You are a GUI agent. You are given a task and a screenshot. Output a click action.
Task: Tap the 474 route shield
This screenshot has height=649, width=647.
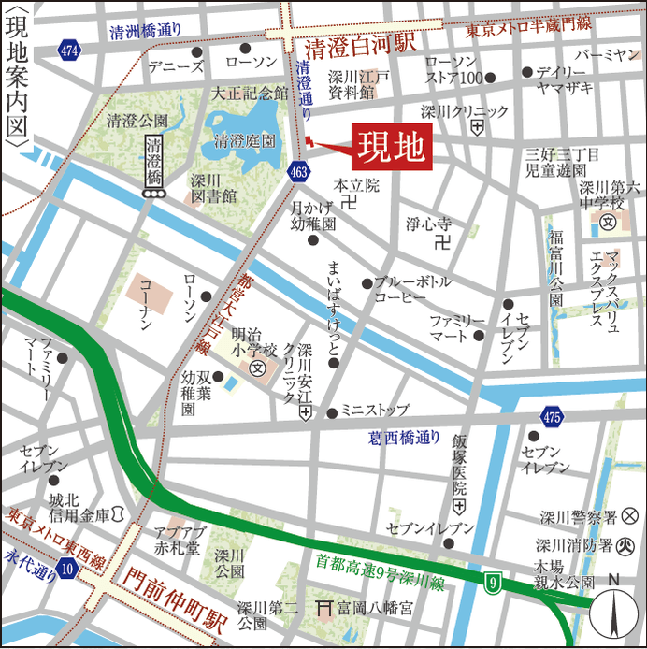coord(66,48)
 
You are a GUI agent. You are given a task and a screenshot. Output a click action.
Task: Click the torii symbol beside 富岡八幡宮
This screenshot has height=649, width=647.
coord(323,607)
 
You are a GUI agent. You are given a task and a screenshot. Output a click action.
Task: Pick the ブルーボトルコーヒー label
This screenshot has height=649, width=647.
coord(412,289)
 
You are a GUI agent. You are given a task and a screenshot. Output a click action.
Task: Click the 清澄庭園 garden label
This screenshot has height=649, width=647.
coord(244,141)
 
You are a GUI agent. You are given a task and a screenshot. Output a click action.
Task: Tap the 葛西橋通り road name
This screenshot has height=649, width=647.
coord(404,436)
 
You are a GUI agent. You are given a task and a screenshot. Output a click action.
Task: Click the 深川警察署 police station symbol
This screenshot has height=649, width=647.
coord(630,514)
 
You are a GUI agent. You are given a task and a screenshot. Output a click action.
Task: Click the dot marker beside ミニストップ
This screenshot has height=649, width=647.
coord(331,411)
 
